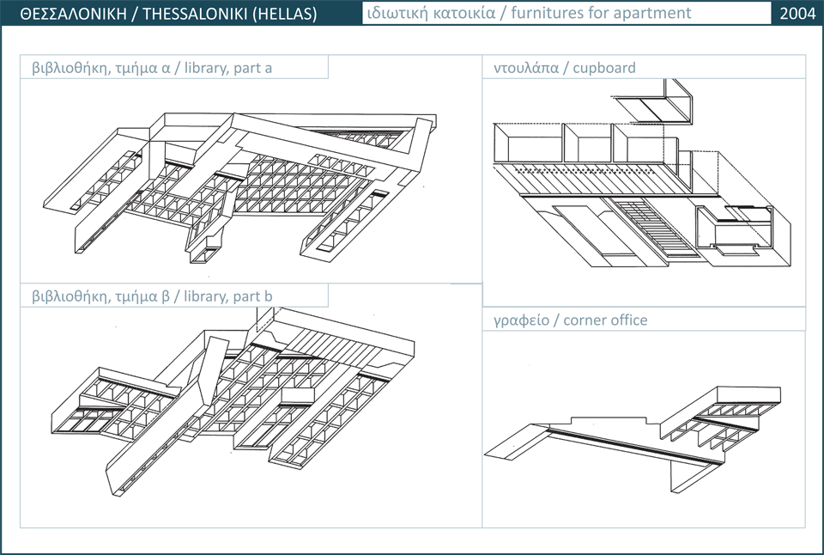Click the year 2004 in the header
click(797, 14)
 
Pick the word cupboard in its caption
click(604, 67)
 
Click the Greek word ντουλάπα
click(524, 67)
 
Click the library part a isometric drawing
click(240, 185)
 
